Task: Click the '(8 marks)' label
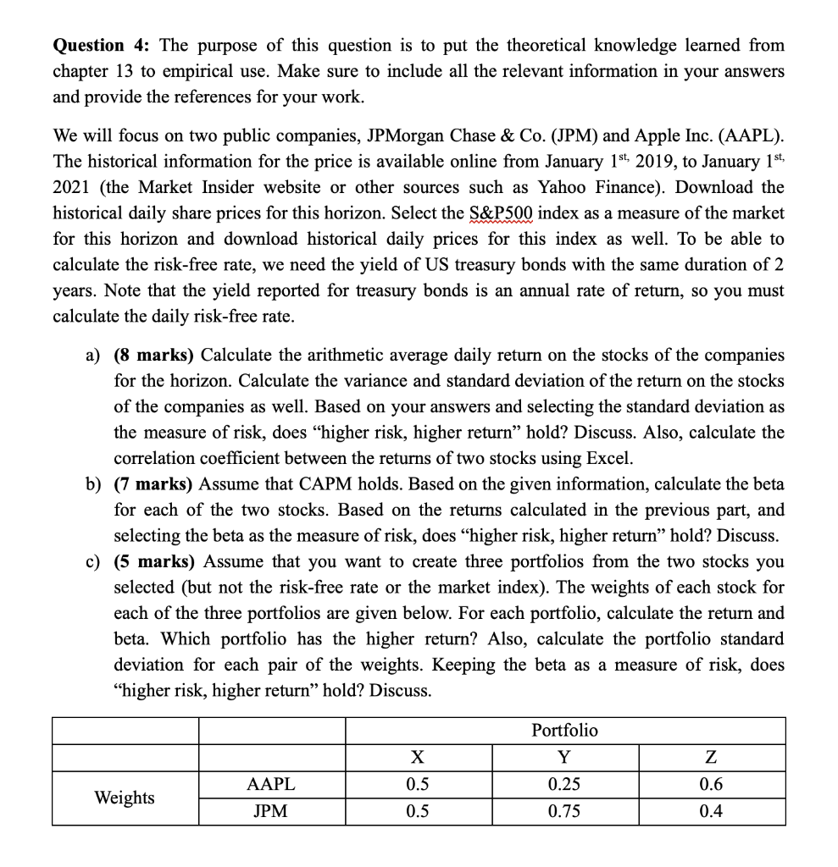coord(154,355)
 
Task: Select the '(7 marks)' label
coord(154,484)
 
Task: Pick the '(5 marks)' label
coord(154,561)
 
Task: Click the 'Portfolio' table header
coord(564,730)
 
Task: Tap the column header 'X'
coord(417,756)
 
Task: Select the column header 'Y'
coord(564,756)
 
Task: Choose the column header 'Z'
coord(711,756)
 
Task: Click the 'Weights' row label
coord(125,798)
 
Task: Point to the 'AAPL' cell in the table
coord(271,784)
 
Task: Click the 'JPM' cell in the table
coord(271,811)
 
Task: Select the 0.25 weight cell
coord(564,784)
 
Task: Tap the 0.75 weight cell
coord(564,811)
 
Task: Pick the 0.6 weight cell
coord(711,784)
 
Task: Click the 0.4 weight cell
coord(711,811)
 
